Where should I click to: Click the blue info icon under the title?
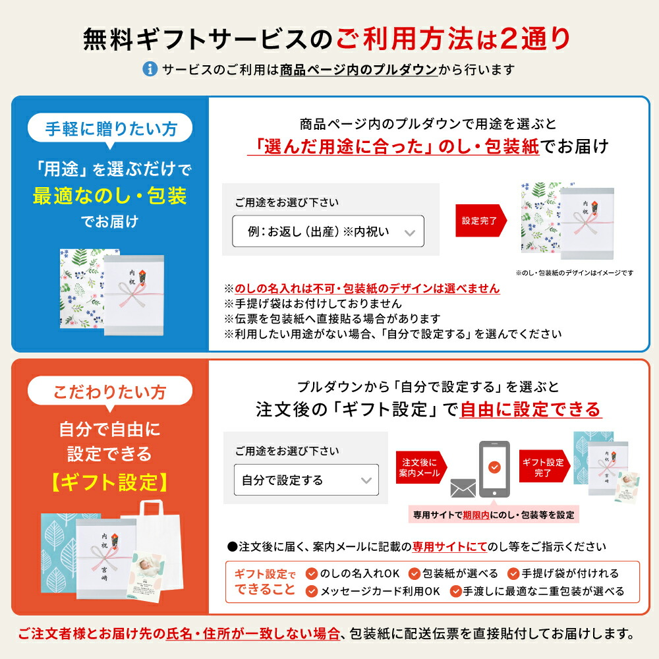click(x=150, y=69)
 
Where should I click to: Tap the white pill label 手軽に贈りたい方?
click(x=111, y=129)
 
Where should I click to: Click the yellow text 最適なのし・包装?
click(x=110, y=196)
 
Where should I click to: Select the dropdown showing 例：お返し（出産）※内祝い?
click(x=328, y=232)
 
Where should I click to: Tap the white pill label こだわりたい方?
click(x=110, y=392)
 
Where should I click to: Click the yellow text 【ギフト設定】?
click(x=109, y=482)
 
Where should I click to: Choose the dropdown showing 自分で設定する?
click(x=306, y=480)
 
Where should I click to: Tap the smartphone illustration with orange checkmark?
click(x=493, y=467)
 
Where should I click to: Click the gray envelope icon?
click(x=463, y=488)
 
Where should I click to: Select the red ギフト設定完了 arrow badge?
click(x=544, y=467)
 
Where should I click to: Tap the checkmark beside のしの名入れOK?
click(x=312, y=573)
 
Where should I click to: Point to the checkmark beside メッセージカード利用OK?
click(x=312, y=591)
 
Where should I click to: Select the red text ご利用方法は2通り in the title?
click(x=453, y=40)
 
